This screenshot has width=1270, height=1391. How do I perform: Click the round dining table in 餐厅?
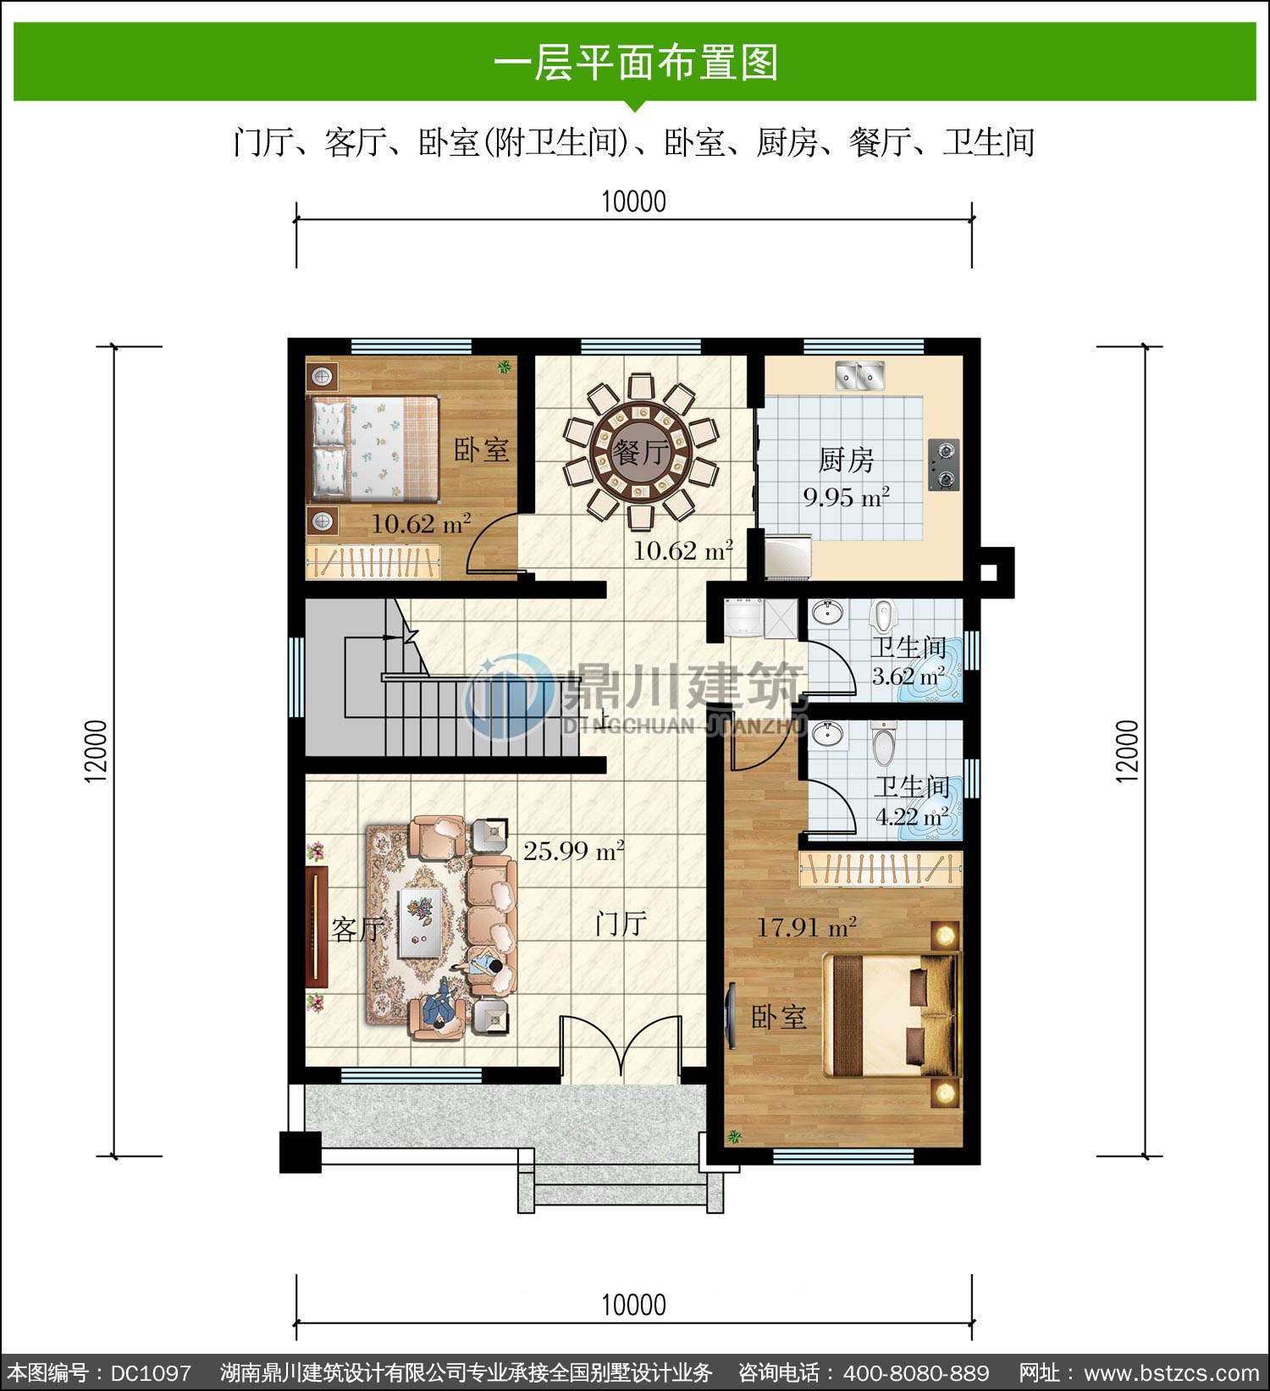click(641, 451)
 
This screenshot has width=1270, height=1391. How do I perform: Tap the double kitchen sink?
click(860, 375)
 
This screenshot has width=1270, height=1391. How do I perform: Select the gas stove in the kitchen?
click(943, 465)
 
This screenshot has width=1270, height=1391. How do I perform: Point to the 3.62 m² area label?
click(908, 676)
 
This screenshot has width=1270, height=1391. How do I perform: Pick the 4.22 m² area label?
click(912, 817)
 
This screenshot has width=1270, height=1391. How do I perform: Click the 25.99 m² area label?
click(573, 850)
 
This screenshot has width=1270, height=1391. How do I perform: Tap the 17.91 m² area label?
click(806, 927)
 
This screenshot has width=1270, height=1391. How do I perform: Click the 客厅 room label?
click(358, 930)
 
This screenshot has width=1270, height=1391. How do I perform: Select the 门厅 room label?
click(621, 923)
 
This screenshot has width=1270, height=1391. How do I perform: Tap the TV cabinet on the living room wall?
click(317, 926)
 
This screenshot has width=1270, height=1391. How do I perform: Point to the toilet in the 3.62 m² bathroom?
click(883, 615)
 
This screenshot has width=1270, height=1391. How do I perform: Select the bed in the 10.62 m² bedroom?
click(374, 448)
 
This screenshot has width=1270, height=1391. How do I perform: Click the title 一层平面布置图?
click(635, 63)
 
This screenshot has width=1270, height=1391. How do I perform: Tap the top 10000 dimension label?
click(633, 201)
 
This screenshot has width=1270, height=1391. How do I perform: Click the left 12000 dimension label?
click(97, 751)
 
